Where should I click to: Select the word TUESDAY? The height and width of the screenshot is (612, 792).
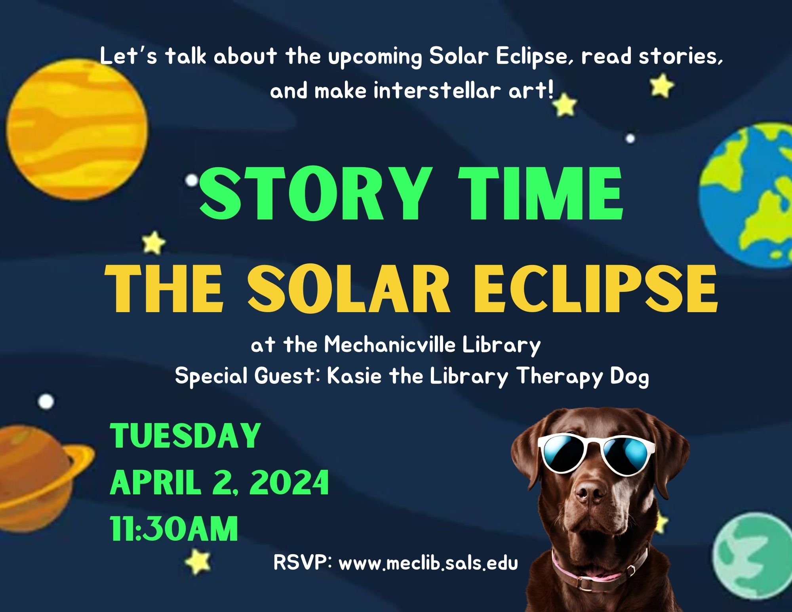tap(185, 436)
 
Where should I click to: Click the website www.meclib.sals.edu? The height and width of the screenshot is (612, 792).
tap(428, 563)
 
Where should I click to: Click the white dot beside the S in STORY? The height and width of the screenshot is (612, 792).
tap(192, 181)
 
